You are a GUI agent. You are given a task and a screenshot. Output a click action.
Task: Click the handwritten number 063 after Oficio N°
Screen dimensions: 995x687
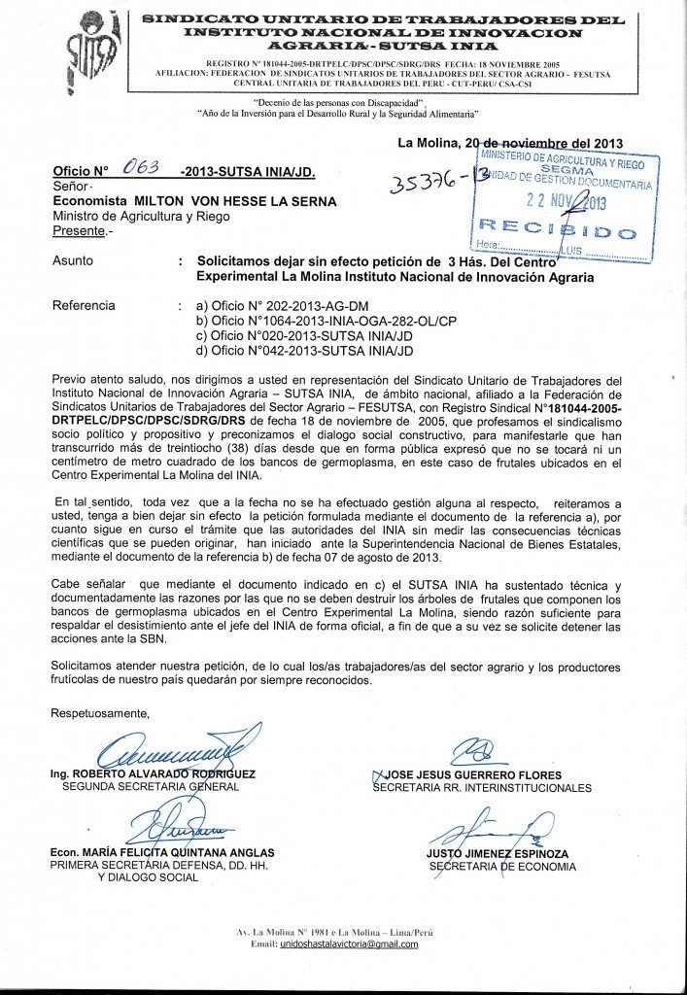click(142, 168)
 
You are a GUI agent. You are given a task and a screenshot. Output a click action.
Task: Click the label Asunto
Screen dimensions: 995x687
click(73, 261)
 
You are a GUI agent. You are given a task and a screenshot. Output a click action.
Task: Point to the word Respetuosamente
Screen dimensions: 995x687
click(101, 713)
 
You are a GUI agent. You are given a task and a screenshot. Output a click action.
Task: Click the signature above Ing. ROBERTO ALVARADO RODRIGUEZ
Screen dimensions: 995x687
click(175, 749)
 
